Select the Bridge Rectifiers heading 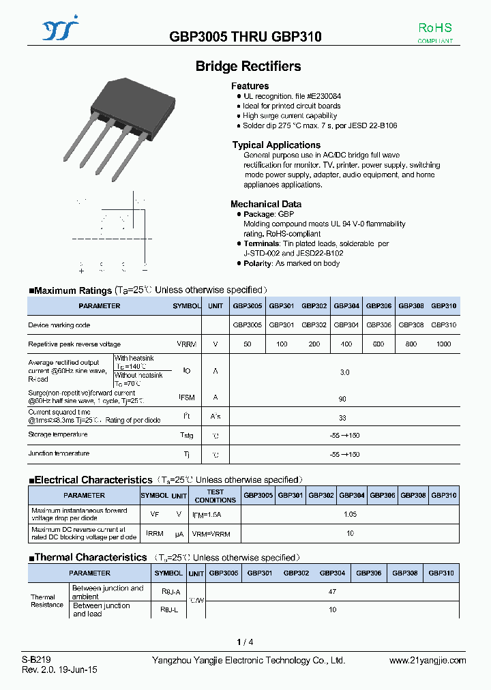tap(248, 66)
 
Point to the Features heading tap(250, 86)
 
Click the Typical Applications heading tap(276, 145)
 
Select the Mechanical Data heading tap(265, 204)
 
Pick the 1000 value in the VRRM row tap(443, 344)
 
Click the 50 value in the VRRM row tap(247, 344)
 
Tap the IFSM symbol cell tap(187, 397)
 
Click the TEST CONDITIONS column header tap(215, 496)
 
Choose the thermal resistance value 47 tap(332, 592)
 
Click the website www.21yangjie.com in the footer tap(428, 660)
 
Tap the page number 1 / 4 tap(245, 642)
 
